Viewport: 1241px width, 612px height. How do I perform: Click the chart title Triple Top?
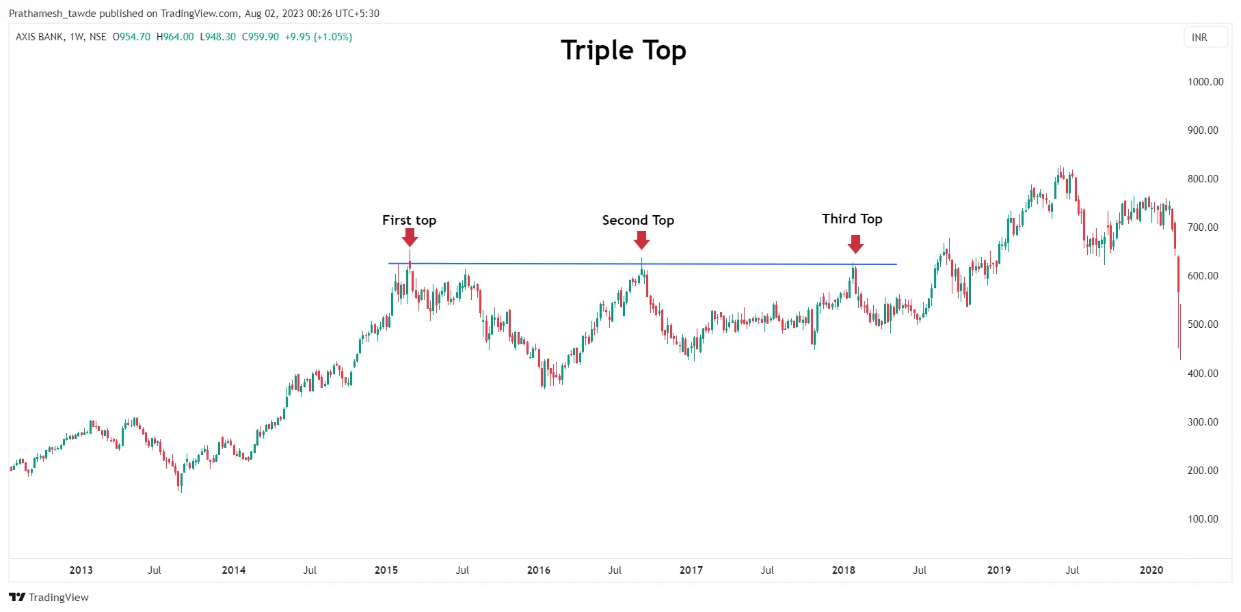pyautogui.click(x=623, y=51)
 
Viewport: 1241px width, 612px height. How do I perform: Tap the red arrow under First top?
pyautogui.click(x=410, y=237)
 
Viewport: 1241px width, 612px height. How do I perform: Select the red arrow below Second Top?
pyautogui.click(x=641, y=240)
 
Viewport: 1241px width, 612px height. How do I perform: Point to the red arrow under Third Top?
pyautogui.click(x=855, y=244)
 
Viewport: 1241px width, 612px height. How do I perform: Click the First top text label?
pyautogui.click(x=409, y=220)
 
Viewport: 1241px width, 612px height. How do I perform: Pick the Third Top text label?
pyautogui.click(x=852, y=219)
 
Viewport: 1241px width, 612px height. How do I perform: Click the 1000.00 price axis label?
pyautogui.click(x=1205, y=82)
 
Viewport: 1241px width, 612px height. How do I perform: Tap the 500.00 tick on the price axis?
pyautogui.click(x=1203, y=324)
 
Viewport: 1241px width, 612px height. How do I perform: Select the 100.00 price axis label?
pyautogui.click(x=1203, y=519)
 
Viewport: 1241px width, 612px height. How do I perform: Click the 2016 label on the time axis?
pyautogui.click(x=538, y=570)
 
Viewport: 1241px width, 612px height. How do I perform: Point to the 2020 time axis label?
pyautogui.click(x=1151, y=570)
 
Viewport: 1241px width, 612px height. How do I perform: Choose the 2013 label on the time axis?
pyautogui.click(x=81, y=570)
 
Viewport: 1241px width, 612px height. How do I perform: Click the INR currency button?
pyautogui.click(x=1199, y=38)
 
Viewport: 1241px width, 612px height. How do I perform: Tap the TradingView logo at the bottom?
pyautogui.click(x=49, y=598)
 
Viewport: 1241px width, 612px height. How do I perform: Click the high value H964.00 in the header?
pyautogui.click(x=175, y=37)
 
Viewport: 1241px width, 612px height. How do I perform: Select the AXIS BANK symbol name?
pyautogui.click(x=40, y=37)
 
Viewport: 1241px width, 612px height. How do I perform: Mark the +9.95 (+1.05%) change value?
pyautogui.click(x=319, y=37)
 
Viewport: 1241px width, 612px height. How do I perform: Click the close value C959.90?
pyautogui.click(x=261, y=37)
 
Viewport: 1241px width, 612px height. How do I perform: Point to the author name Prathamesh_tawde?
pyautogui.click(x=53, y=14)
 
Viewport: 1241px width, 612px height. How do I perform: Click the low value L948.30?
pyautogui.click(x=217, y=37)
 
